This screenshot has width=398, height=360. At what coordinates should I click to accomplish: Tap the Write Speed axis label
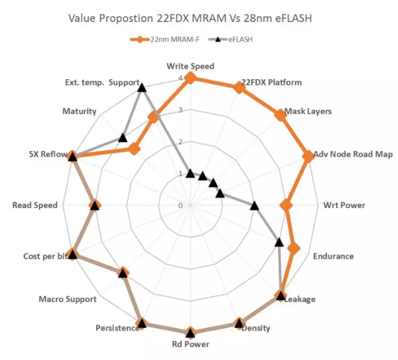click(x=190, y=66)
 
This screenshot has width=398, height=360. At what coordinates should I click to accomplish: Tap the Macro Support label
click(x=67, y=299)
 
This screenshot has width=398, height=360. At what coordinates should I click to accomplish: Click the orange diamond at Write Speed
click(x=190, y=78)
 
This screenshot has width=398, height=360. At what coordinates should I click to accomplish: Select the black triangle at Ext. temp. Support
click(x=141, y=88)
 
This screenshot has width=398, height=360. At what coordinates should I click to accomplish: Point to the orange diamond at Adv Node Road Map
click(x=307, y=156)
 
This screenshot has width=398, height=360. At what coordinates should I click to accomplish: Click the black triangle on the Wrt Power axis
click(x=254, y=206)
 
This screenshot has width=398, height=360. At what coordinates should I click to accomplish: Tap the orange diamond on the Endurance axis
click(x=293, y=248)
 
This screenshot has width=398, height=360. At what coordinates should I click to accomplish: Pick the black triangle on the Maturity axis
click(x=123, y=138)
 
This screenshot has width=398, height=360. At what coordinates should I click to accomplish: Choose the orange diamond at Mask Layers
click(x=278, y=115)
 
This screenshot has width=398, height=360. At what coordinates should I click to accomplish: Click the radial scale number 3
click(x=181, y=111)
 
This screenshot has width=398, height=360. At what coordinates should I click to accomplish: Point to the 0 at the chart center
click(x=181, y=206)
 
